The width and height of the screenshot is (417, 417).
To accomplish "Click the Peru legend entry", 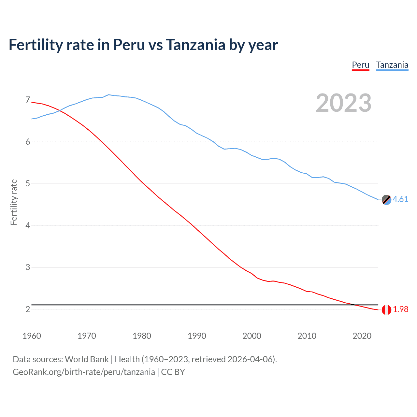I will [360, 65].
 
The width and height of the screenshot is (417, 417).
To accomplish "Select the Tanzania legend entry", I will [392, 65].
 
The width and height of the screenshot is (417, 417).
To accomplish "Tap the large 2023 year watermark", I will [343, 103].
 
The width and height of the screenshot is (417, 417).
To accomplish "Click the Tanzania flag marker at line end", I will [386, 200].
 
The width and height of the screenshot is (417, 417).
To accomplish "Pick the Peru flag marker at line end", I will [386, 310].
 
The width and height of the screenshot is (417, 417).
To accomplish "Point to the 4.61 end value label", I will [400, 199].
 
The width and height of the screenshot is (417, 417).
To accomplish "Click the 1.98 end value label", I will [400, 309].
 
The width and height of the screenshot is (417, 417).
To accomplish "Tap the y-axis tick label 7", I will [28, 100].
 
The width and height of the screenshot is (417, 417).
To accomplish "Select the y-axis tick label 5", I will [28, 183].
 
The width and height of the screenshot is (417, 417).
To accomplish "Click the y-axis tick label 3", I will [28, 267].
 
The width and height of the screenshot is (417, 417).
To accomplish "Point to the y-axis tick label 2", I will [28, 309].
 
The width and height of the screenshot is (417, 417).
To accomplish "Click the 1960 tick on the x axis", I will [32, 336].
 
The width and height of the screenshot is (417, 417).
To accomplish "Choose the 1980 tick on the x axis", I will [142, 336].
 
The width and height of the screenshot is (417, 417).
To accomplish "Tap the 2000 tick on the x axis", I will [252, 336].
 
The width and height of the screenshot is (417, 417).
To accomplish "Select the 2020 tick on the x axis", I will [362, 336].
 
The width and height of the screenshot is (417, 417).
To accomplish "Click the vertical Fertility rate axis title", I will [14, 202].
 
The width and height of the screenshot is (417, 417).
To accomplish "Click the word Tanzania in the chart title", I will [195, 45].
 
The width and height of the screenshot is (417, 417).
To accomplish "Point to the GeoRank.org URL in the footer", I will [84, 372].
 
